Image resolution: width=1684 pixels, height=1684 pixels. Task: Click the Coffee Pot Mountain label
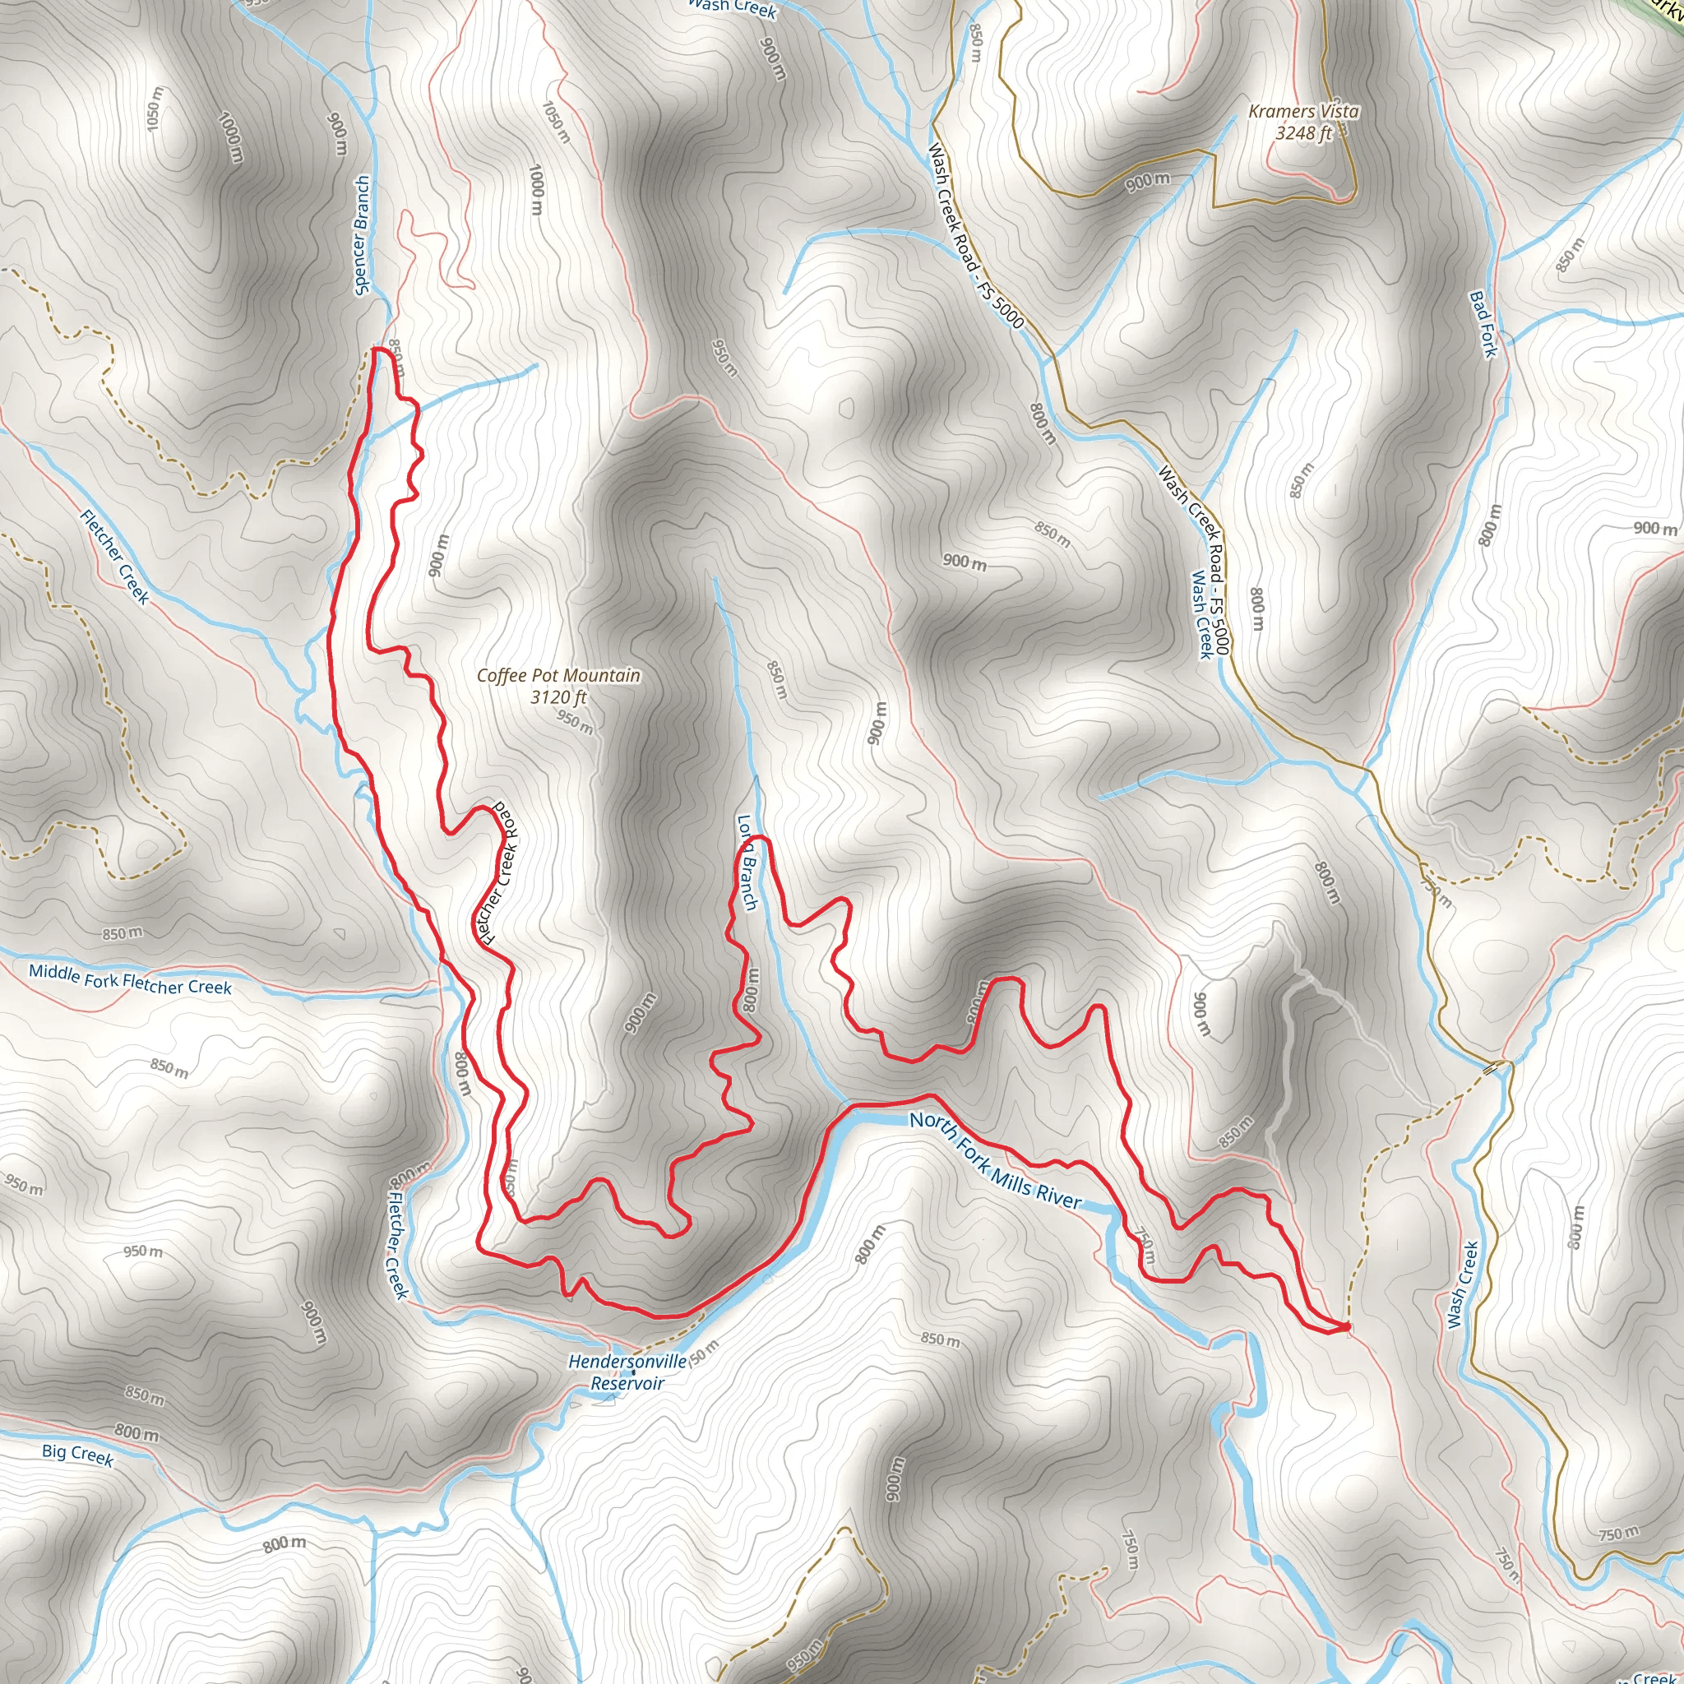[x=557, y=676]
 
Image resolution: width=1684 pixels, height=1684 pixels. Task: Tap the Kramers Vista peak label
[x=1303, y=112]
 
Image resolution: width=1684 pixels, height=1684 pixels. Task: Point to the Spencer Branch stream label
[x=362, y=235]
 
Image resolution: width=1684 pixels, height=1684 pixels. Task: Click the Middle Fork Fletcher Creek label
[x=130, y=979]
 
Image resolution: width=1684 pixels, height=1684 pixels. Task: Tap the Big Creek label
[x=77, y=1454]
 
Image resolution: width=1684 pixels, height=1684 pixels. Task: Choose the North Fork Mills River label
[x=996, y=1160]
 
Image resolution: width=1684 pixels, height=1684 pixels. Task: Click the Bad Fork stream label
[x=1483, y=323]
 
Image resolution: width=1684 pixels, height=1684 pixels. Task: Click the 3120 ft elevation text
[x=557, y=697]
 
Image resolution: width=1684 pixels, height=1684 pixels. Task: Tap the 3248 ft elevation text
[x=1303, y=132]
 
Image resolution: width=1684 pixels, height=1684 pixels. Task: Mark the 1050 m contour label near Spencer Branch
[x=155, y=109]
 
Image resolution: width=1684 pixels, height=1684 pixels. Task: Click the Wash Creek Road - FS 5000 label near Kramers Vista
[x=974, y=235]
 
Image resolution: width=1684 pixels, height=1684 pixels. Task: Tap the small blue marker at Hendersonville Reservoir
[x=634, y=1374]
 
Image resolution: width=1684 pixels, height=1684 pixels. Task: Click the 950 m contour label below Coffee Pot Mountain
[x=576, y=722]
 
